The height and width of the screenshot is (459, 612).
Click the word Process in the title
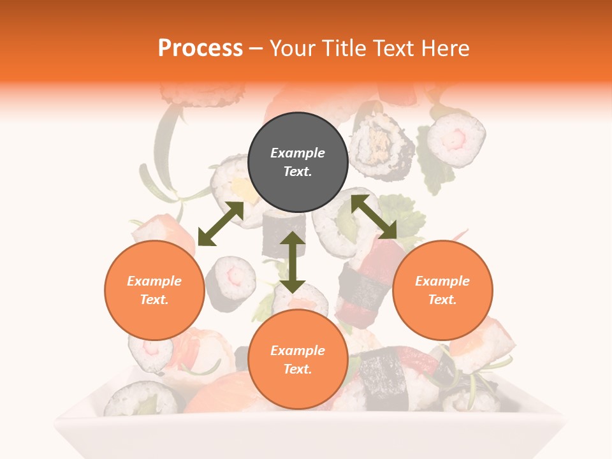coord(200,48)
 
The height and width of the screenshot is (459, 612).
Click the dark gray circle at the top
coord(298,162)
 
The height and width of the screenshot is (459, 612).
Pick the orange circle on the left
coord(154,290)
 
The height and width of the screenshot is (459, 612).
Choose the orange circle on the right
coord(442,290)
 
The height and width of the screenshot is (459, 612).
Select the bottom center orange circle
coord(298,360)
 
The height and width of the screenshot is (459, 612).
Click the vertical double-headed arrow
coord(293,262)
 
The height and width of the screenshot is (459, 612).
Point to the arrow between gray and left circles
coord(221,224)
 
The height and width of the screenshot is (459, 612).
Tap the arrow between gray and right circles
coord(374,217)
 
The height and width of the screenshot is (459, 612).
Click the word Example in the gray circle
coord(298,153)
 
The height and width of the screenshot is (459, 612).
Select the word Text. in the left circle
coord(154,300)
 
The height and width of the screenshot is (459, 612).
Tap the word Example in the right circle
coord(442,281)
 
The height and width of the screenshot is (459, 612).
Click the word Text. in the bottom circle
coord(298,369)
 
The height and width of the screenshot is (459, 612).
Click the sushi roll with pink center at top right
coord(456,138)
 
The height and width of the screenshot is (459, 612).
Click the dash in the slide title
coord(256,48)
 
